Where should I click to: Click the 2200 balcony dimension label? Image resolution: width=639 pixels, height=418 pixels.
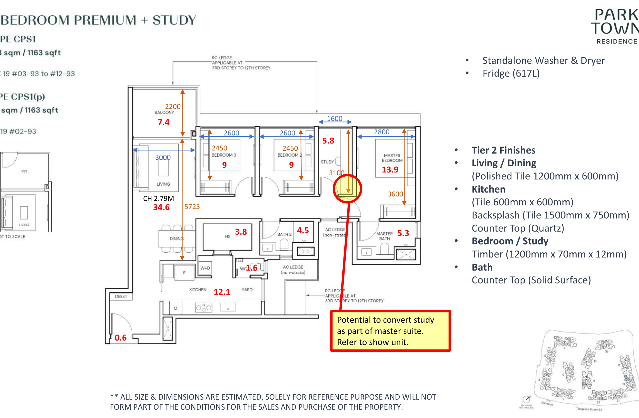tap(173, 106)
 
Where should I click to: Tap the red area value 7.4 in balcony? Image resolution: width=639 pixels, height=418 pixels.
tap(164, 122)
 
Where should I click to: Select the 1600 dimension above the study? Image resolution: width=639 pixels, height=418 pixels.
tap(335, 119)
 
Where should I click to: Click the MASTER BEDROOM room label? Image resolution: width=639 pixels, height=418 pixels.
tap(392, 158)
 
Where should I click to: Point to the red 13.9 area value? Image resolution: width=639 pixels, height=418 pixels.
tap(390, 169)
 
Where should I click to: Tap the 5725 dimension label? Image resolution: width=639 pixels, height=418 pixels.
tap(192, 206)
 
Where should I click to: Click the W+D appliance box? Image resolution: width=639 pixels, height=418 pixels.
tap(205, 268)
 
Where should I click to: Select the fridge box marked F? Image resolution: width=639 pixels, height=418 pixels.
tap(184, 273)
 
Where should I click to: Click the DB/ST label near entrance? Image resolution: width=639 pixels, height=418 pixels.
tap(121, 297)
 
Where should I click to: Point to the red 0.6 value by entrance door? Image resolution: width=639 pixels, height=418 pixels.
tap(121, 338)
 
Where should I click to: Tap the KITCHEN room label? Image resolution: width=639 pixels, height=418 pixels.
tap(198, 290)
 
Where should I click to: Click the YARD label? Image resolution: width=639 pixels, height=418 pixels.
tap(247, 290)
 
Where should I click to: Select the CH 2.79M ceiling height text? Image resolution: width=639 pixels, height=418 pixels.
tap(158, 198)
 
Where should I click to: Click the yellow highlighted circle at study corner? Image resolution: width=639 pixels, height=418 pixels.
tap(347, 189)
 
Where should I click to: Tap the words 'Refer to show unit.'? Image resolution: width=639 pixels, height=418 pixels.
tap(373, 342)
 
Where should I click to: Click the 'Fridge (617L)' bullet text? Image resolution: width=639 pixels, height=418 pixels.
tap(511, 73)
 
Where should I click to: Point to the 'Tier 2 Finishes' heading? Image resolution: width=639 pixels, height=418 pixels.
tap(503, 150)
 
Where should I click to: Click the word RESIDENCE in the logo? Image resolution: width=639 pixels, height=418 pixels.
tap(617, 42)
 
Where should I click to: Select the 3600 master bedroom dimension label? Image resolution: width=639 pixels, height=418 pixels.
tap(395, 194)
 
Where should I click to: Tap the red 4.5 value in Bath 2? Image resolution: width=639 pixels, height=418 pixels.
tap(303, 230)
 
